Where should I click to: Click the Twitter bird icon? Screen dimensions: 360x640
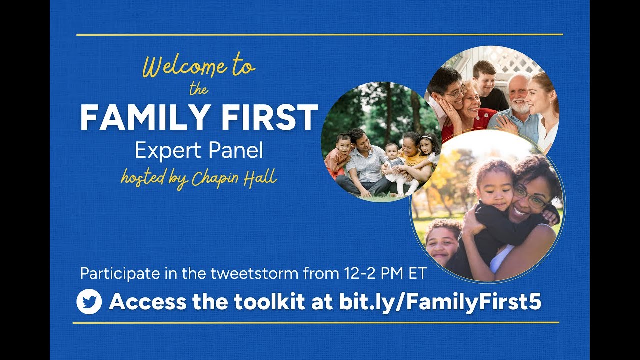tap(89, 302)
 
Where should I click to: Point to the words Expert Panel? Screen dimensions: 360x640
tap(199, 150)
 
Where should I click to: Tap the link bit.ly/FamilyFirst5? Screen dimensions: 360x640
tap(440, 302)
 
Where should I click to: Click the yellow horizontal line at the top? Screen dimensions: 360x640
tap(320, 35)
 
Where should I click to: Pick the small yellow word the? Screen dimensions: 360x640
tap(198, 90)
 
